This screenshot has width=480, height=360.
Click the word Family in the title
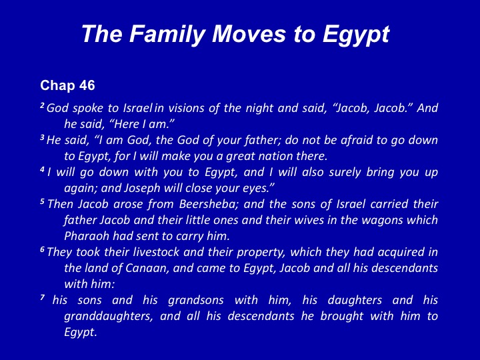point(167,34)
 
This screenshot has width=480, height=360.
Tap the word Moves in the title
point(249,33)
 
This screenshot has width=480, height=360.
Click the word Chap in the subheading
point(58,85)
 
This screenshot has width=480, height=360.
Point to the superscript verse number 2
point(42,105)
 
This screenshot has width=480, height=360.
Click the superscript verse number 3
point(42,138)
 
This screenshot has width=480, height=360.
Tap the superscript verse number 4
point(42,169)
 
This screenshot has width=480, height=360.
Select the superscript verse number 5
point(42,202)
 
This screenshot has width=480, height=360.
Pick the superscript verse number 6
point(42,249)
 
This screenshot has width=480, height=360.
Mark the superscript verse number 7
point(42,297)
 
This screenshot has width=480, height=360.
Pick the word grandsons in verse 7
point(196,300)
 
